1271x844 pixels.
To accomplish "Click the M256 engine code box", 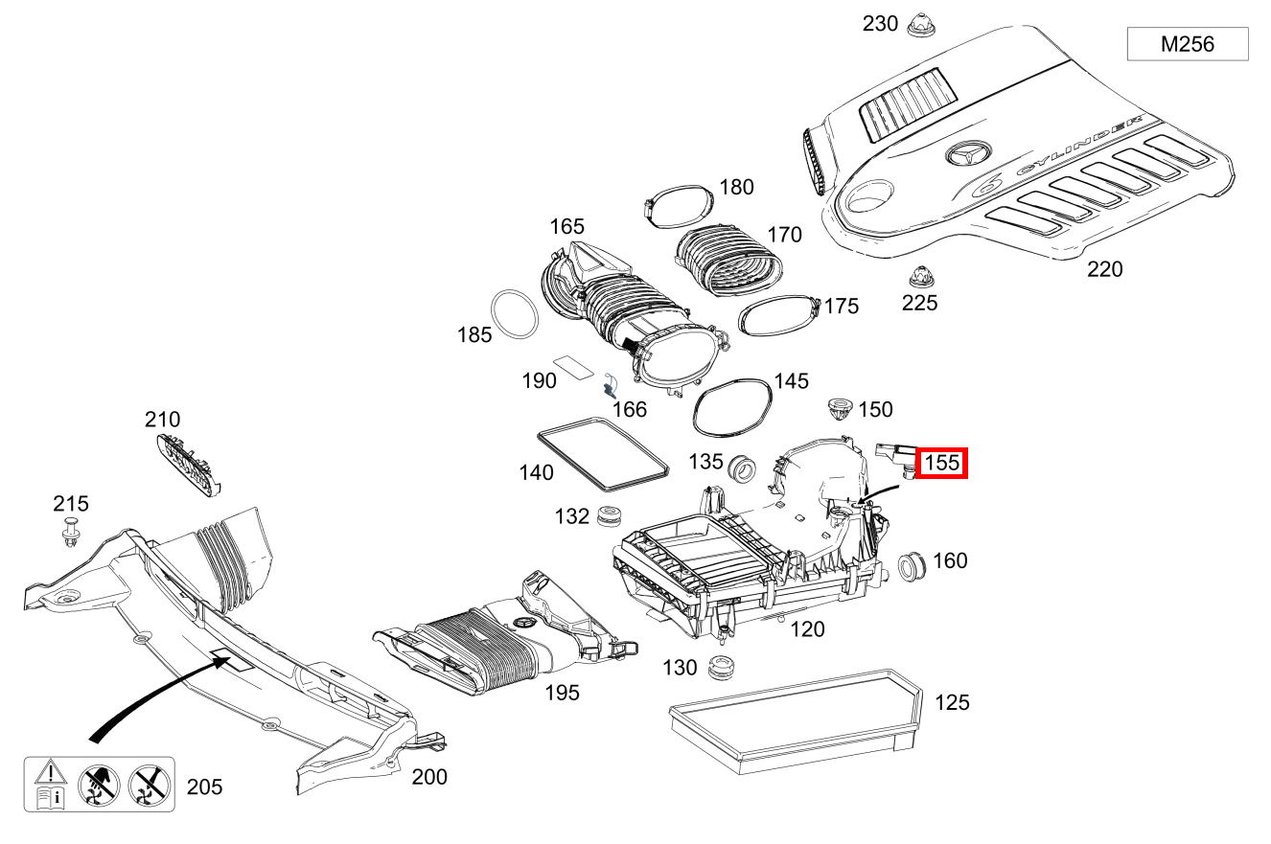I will (1187, 44).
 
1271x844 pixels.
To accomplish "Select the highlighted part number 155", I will (942, 464).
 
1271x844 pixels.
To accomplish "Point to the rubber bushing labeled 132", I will (607, 516).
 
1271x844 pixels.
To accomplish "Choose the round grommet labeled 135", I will (742, 469).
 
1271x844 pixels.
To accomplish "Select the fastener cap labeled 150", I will (840, 412).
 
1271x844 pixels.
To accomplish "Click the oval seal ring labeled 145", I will (732, 405).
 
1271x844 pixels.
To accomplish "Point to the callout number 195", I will (562, 692).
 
